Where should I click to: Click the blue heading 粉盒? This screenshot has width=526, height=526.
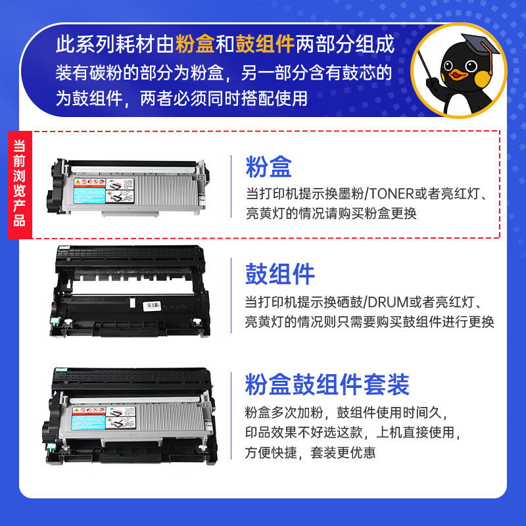(268, 167)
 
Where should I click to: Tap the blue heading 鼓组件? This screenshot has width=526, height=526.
(280, 275)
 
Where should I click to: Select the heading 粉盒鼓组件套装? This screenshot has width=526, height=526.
(327, 385)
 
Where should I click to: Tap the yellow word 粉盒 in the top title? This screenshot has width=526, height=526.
(195, 45)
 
